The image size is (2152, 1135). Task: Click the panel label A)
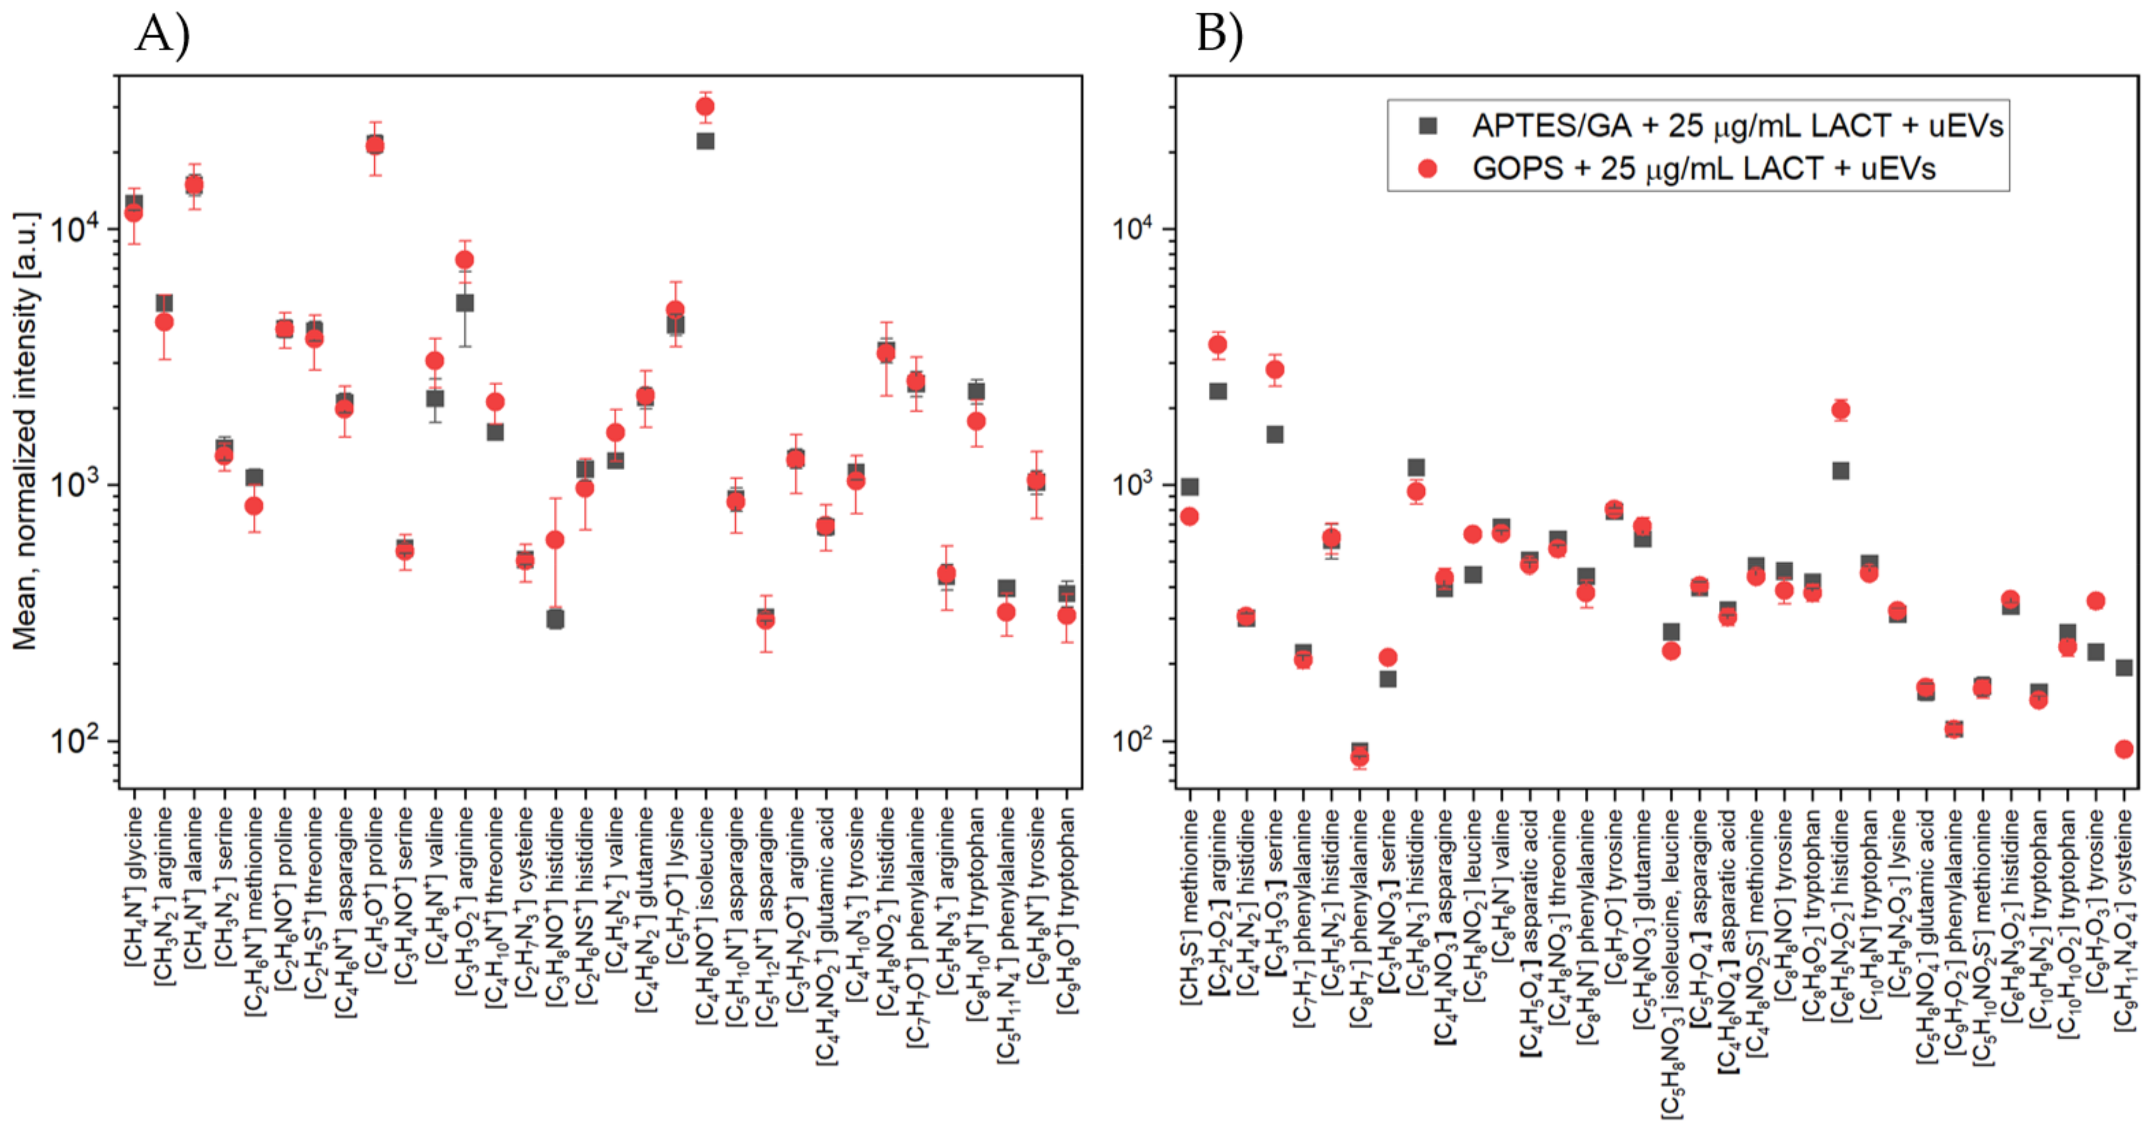(x=163, y=35)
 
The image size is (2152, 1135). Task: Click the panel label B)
(x=1220, y=35)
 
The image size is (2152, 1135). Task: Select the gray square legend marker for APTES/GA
(x=1428, y=126)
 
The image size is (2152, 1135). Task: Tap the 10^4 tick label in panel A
(x=73, y=227)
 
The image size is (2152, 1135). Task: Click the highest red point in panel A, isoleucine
(x=705, y=107)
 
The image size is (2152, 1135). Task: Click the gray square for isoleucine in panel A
(x=705, y=141)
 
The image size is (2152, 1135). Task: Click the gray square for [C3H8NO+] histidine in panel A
(x=554, y=619)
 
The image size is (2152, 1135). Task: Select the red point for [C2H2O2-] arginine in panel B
(x=1218, y=344)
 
